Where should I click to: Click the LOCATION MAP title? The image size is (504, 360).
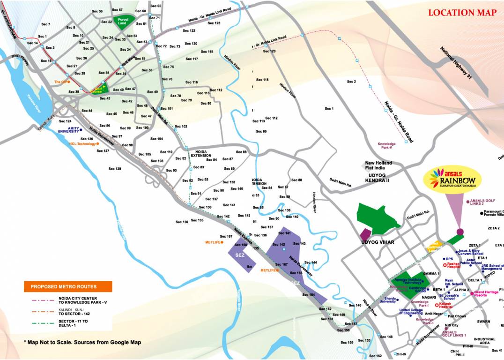pos(462,13)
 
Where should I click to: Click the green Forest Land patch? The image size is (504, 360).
pos(123,22)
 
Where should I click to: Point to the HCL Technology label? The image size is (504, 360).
pos(82,144)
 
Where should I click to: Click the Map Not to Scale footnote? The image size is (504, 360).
pos(82,343)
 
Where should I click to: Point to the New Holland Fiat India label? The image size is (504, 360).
pos(378,165)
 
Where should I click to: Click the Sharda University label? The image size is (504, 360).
pos(387,300)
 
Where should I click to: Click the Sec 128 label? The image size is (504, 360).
pos(115,169)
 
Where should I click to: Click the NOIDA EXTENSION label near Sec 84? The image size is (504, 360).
pos(201,153)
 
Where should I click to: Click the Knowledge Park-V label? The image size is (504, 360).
pos(387,145)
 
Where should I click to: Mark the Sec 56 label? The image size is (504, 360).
pos(97,11)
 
